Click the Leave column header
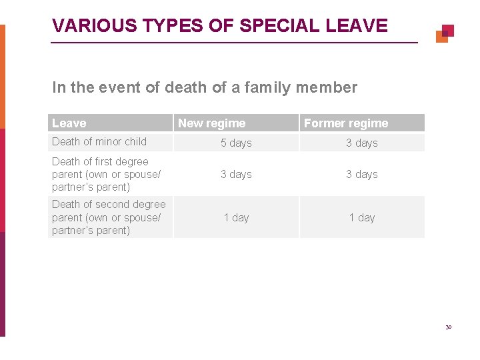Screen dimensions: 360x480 [69, 123]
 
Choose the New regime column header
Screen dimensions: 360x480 [211, 123]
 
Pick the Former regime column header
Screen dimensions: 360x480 [346, 123]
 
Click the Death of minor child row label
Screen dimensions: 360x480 [99, 141]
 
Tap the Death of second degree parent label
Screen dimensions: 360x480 [109, 217]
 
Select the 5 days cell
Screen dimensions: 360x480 [236, 143]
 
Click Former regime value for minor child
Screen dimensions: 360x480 [361, 143]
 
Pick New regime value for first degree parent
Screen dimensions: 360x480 [236, 174]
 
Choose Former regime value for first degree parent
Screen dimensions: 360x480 [361, 174]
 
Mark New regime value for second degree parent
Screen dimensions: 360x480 [236, 217]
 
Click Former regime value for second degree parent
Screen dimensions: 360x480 [361, 217]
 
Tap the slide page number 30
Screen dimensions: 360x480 [449, 327]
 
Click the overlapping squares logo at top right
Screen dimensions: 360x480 [445, 33]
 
